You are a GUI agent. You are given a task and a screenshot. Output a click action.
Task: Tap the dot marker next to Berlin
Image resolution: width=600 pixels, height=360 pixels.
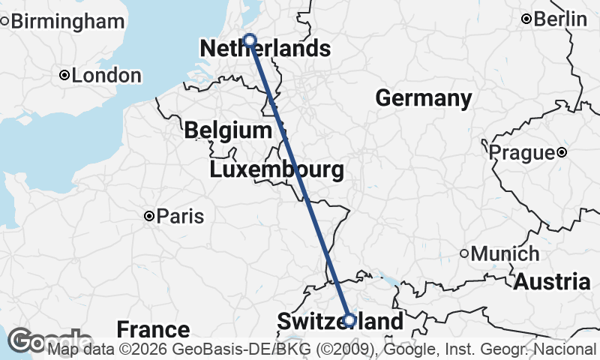click(x=527, y=19)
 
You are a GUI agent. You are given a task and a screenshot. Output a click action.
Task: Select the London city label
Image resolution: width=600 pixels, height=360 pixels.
click(x=106, y=76)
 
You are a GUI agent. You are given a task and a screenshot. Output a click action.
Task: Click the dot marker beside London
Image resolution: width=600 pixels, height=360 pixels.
click(x=65, y=75)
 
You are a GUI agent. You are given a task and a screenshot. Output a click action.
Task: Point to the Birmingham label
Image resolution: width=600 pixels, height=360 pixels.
click(x=67, y=21)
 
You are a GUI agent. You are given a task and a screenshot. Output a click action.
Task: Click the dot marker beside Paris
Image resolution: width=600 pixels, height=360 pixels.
click(x=150, y=216)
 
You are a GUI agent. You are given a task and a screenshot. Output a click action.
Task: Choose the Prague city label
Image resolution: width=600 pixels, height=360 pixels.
click(x=520, y=153)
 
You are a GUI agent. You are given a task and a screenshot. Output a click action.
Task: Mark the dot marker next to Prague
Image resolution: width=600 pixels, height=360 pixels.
click(x=562, y=153)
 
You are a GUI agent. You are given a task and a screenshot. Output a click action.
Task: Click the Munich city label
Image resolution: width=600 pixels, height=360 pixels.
click(x=505, y=253)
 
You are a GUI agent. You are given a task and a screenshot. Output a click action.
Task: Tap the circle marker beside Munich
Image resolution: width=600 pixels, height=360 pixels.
click(x=465, y=253)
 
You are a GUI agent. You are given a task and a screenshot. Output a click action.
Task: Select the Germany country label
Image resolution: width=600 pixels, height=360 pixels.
click(x=423, y=98)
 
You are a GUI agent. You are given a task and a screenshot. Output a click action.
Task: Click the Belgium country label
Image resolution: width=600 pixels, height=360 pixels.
click(x=227, y=130)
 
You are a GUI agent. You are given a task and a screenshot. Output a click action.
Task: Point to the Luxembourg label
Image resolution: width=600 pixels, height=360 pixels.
click(x=277, y=169)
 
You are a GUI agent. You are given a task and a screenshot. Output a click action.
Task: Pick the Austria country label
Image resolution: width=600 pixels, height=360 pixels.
click(x=552, y=282)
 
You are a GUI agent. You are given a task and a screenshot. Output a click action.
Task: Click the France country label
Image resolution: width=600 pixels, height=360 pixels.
click(x=153, y=329)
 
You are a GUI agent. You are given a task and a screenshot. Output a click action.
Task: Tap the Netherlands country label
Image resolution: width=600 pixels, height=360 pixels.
click(x=265, y=49)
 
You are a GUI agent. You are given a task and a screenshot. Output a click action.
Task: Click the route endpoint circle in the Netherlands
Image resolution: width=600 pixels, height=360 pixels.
click(x=250, y=40)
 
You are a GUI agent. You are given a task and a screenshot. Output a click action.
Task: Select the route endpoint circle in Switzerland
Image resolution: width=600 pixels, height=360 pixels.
click(x=349, y=320)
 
